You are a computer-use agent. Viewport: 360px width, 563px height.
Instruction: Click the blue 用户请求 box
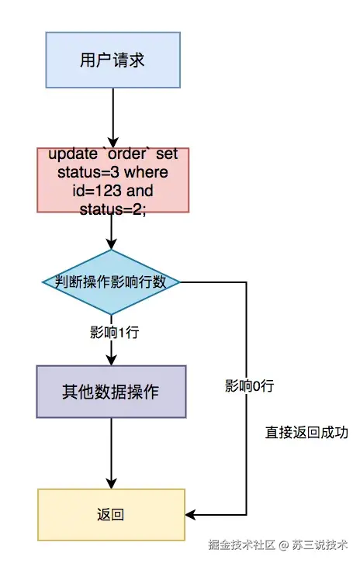pos(112,60)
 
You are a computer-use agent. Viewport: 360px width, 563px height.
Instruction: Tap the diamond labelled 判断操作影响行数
pos(112,282)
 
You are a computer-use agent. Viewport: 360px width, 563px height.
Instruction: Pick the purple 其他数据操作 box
pos(112,392)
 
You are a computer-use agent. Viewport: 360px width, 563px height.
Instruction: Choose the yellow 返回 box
pos(112,515)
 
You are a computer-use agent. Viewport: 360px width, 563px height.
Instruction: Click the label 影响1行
pos(114,333)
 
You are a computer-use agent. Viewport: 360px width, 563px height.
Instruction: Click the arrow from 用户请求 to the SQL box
pos(112,116)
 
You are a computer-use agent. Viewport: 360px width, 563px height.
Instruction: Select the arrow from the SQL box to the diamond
pos(112,230)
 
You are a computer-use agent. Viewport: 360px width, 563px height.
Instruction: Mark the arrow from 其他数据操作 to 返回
pos(112,454)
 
